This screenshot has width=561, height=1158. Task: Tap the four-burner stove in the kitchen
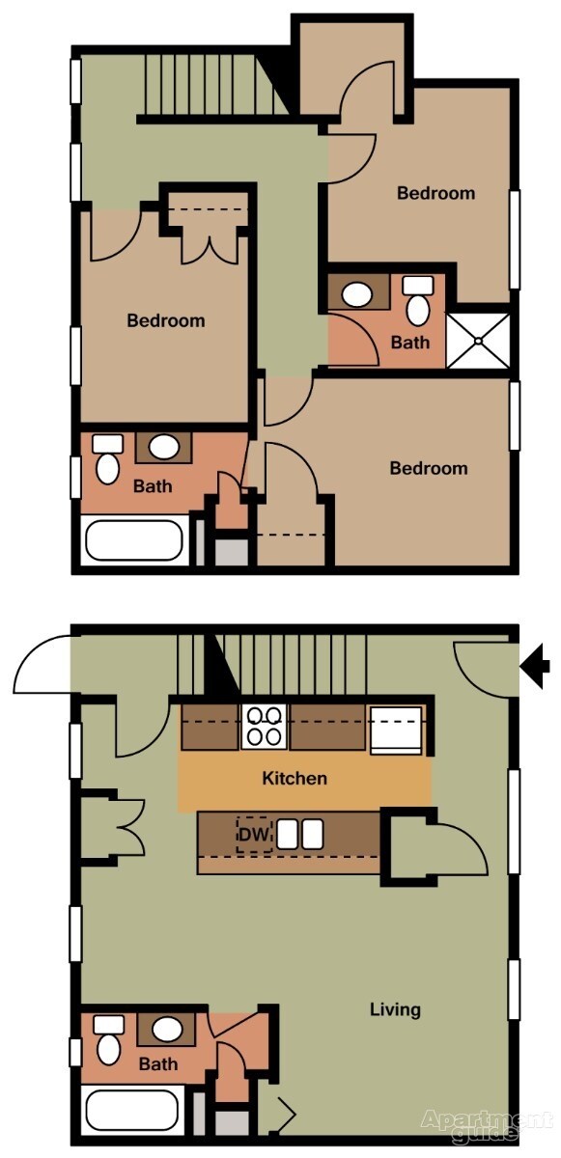click(264, 727)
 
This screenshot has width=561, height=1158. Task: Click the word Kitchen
click(295, 778)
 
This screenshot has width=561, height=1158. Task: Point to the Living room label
click(395, 1009)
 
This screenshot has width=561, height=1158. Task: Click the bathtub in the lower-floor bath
click(132, 1109)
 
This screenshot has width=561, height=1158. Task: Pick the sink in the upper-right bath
click(357, 293)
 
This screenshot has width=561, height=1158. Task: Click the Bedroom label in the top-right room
click(435, 193)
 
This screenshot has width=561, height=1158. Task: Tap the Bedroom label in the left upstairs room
click(166, 320)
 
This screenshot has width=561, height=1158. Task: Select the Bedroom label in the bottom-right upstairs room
click(428, 468)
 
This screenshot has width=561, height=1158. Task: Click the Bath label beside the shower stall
click(409, 342)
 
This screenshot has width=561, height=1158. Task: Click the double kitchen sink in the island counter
click(299, 835)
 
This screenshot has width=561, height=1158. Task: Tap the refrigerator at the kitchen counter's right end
click(396, 728)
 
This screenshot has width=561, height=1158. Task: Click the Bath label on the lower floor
click(157, 1064)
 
